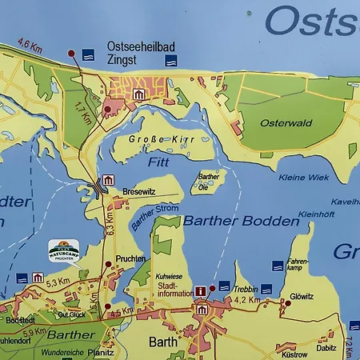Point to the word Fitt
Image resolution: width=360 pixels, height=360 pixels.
click(158, 161)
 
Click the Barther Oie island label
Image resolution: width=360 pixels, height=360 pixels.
click(208, 180)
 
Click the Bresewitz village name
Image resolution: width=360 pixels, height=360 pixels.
click(137, 193)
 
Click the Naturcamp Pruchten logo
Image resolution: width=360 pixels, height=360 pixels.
click(64, 249)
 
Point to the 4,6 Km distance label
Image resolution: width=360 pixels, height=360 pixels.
click(29, 47)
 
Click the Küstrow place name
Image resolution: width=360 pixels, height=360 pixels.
click(294, 353)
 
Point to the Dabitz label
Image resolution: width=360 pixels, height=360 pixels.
click(326, 347)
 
